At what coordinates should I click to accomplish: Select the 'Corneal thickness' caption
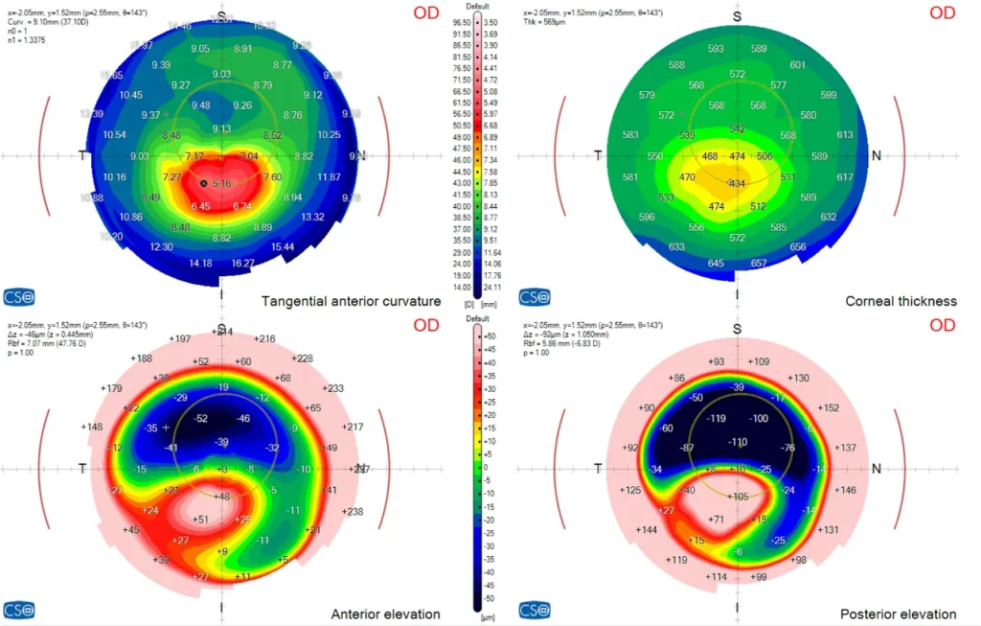(x=901, y=301)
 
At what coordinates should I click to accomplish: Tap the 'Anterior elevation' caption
(x=385, y=614)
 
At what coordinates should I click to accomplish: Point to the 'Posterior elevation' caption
(x=898, y=614)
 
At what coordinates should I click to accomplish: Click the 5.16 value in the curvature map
(x=222, y=183)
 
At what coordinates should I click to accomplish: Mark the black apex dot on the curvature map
(x=203, y=182)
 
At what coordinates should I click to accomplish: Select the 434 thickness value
(x=736, y=184)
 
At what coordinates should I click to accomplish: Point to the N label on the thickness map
(x=876, y=155)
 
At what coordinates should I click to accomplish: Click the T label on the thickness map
(x=599, y=155)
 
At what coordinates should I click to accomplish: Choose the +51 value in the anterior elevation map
(x=201, y=520)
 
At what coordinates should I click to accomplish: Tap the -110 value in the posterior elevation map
(x=737, y=442)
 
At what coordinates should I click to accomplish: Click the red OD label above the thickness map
(x=943, y=12)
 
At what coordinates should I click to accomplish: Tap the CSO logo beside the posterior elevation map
(x=534, y=610)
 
